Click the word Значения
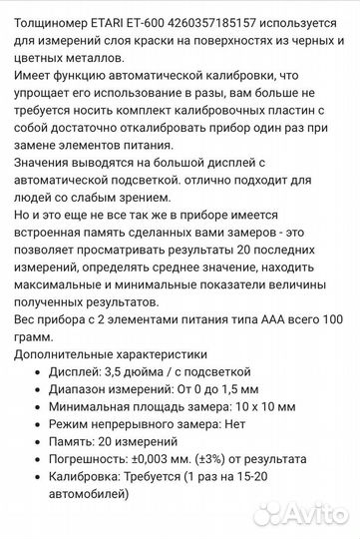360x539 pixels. (46, 169)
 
